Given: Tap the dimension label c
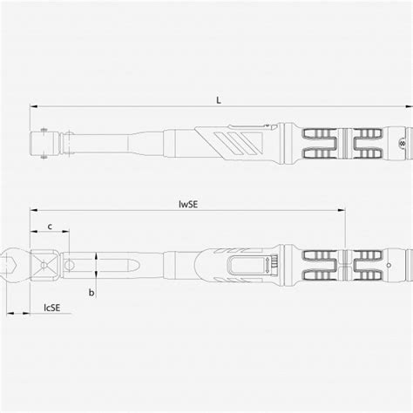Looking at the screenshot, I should tap(50, 227).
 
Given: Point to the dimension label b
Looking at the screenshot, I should tap(91, 293).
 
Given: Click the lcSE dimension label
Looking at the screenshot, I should tap(51, 307).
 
